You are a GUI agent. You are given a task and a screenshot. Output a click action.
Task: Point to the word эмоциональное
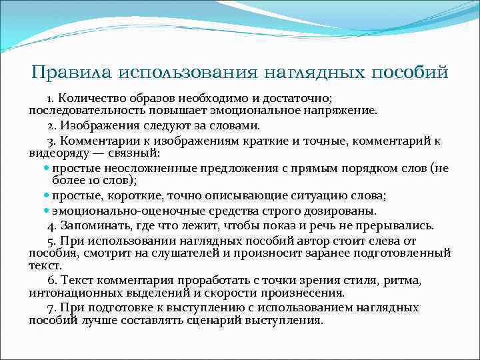coord(265,109)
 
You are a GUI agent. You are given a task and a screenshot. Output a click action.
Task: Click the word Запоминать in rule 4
coord(93,225)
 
